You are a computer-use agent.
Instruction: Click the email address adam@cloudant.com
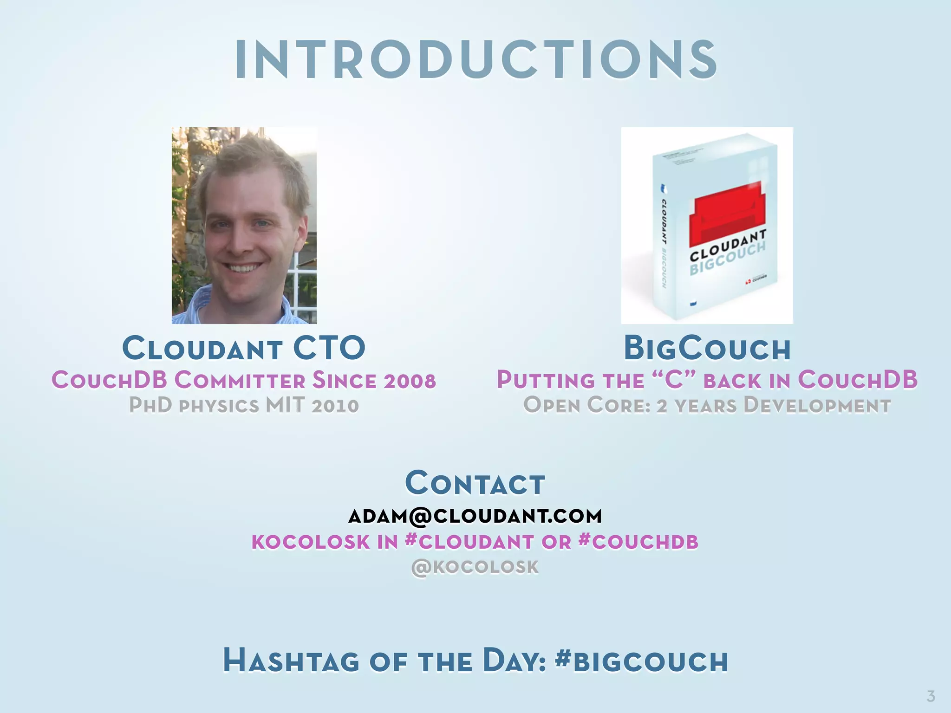475,516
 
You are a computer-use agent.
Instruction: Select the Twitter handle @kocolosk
475,567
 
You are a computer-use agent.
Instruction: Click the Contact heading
475,484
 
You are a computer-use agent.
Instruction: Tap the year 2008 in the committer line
410,381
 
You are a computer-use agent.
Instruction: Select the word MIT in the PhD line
285,405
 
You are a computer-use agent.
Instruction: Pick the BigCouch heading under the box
707,348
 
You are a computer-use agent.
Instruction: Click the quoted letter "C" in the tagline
674,380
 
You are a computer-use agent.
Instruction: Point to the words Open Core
586,405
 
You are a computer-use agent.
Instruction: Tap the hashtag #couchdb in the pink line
638,542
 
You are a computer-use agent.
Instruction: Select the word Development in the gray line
817,405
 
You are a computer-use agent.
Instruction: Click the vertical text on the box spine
664,241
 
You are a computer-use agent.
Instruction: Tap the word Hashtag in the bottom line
291,661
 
